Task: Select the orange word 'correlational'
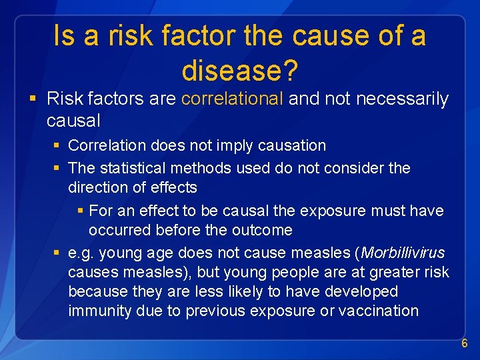click(x=232, y=99)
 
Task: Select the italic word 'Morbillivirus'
click(x=403, y=253)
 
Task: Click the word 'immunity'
click(x=98, y=311)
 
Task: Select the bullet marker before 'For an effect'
click(x=80, y=211)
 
